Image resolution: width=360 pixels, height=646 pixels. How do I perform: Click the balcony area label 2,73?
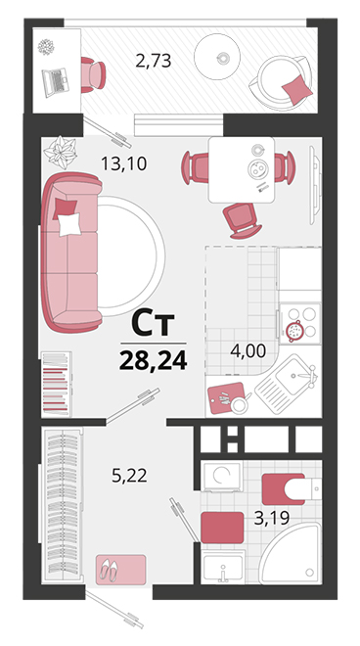(x=154, y=62)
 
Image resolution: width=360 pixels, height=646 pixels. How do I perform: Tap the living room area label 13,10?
(x=124, y=164)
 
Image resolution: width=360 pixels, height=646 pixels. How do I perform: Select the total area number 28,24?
(x=154, y=360)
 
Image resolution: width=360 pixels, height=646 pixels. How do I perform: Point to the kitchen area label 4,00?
(x=247, y=351)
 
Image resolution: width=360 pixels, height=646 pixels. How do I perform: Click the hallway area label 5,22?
(x=129, y=476)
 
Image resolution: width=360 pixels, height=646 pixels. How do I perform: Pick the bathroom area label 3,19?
(x=271, y=519)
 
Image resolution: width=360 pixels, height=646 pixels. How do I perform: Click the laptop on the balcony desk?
(x=56, y=82)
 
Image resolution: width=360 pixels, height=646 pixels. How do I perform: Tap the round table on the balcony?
(x=217, y=57)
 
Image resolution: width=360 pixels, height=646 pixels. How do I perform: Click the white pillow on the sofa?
(x=69, y=224)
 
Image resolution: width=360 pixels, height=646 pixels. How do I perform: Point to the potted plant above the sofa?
(x=61, y=152)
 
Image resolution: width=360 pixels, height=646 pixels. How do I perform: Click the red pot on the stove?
(x=294, y=330)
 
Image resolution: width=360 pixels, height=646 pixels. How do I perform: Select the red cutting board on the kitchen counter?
(x=226, y=398)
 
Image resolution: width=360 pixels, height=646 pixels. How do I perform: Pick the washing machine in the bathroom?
(x=222, y=477)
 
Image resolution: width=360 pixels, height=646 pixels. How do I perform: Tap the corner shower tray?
(x=291, y=553)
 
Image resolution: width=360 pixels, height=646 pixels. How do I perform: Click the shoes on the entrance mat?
(x=109, y=570)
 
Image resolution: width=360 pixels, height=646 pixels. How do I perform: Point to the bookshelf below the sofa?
(x=57, y=384)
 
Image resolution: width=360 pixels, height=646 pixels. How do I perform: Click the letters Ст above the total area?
(x=153, y=324)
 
